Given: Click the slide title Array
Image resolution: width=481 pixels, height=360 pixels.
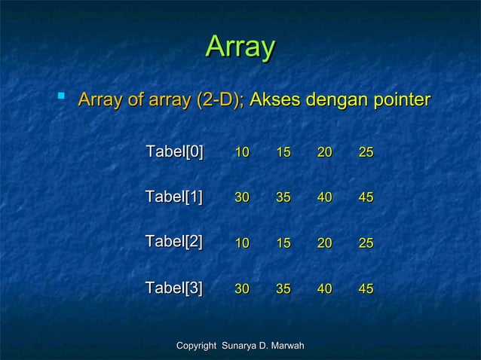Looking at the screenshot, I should [240, 47].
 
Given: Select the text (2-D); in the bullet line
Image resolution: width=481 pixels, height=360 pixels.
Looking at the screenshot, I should [219, 100].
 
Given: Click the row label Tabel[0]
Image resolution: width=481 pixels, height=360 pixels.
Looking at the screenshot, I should [174, 152].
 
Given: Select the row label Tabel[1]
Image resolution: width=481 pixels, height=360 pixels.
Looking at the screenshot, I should [174, 197].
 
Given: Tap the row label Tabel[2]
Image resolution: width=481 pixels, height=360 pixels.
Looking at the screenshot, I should [174, 243].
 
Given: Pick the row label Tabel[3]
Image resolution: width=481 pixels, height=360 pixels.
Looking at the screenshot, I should [174, 288].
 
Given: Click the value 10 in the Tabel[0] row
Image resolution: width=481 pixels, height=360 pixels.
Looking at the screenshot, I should [242, 153].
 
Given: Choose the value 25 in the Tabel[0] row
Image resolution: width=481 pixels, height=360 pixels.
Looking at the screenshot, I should [366, 153].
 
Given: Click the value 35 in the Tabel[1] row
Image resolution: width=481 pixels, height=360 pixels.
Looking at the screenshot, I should [283, 198].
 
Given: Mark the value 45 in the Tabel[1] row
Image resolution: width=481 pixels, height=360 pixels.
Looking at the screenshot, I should [366, 198].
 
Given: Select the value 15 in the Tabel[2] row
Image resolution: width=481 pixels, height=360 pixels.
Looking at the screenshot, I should [283, 243].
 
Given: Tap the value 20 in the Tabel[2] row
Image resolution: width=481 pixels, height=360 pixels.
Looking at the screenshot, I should [325, 243].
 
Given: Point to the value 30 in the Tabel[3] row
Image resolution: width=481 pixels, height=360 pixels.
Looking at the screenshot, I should [242, 288].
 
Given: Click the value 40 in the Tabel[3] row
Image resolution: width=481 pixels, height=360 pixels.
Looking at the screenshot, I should [325, 288].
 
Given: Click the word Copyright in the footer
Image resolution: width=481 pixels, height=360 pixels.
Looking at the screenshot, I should [195, 345].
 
